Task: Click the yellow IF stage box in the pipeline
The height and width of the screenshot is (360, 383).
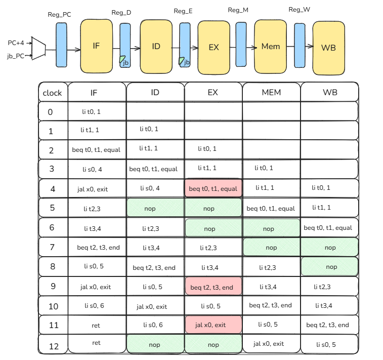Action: pos(96,46)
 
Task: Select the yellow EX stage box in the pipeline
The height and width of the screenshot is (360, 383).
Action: pos(214,48)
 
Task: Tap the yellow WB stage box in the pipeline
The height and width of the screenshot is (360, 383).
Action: pos(329,48)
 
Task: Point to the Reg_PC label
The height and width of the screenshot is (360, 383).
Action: pos(59,15)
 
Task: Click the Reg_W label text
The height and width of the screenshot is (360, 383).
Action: pos(299,10)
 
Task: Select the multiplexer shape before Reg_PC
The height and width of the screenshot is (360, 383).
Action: pos(38,49)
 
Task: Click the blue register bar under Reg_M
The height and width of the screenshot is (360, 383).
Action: pos(241,45)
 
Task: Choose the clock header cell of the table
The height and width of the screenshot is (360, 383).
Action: pos(52,93)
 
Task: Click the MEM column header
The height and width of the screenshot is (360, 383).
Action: pos(271,93)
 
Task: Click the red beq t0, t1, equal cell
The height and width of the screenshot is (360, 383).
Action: pos(214,188)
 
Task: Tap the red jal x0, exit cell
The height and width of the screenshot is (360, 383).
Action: pos(214,325)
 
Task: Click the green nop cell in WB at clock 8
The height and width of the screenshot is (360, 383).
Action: pos(331,267)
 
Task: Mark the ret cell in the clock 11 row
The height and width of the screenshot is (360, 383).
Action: pos(96,325)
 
